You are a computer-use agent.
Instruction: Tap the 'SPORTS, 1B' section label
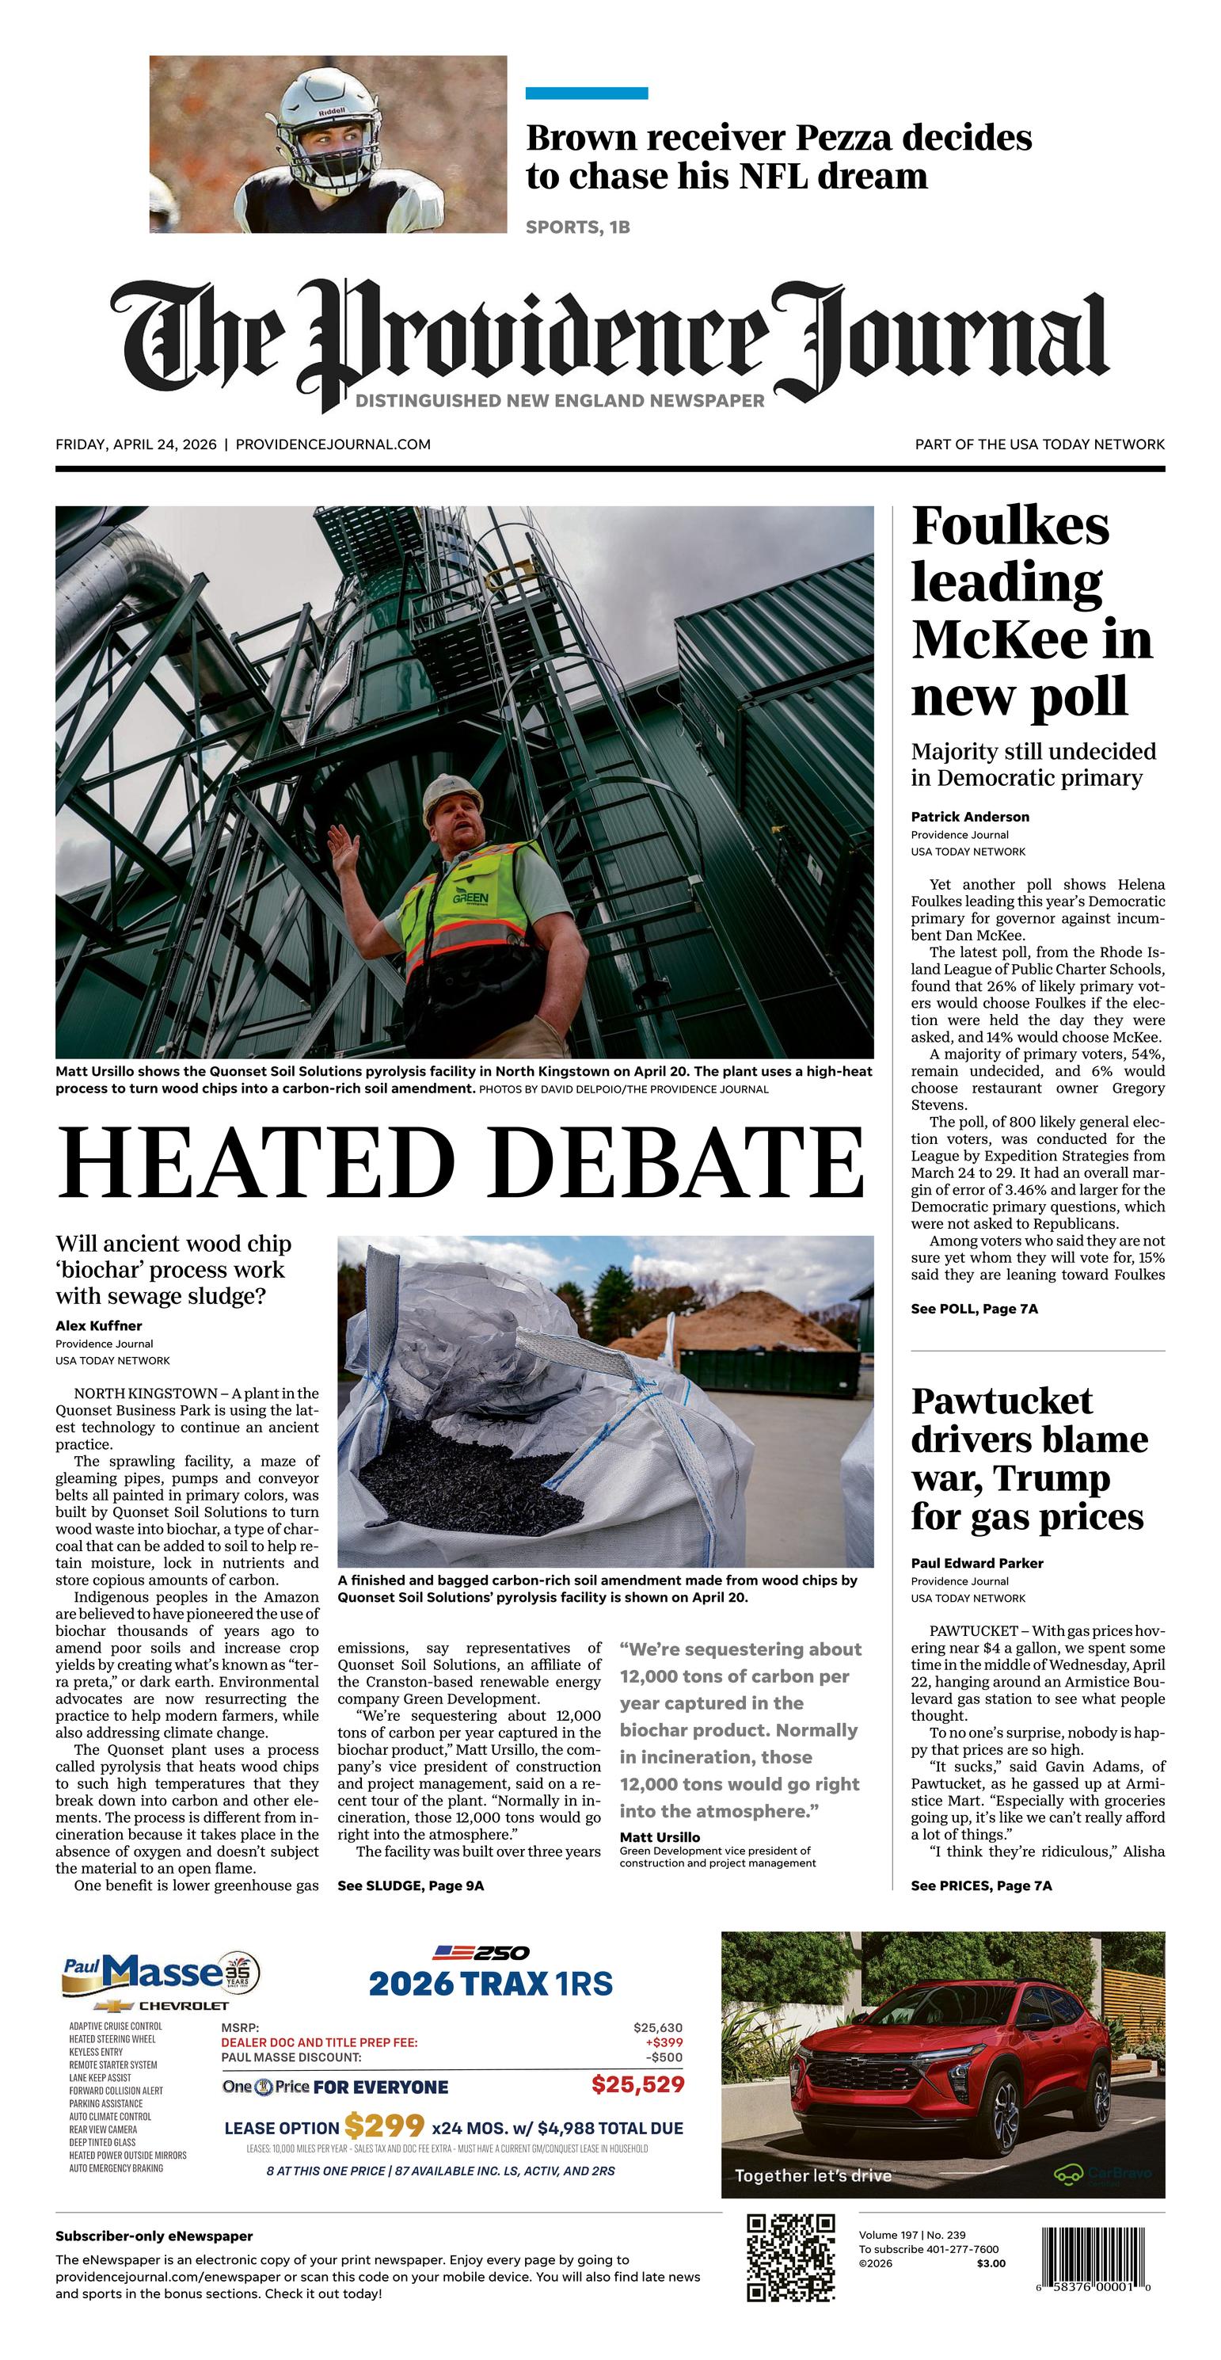pyautogui.click(x=577, y=227)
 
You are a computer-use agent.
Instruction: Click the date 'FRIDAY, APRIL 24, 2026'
pyautogui.click(x=135, y=444)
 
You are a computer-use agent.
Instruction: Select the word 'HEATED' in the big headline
pyautogui.click(x=257, y=1161)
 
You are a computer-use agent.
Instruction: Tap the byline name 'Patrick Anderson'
pyautogui.click(x=970, y=816)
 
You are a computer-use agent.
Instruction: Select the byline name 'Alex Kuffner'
pyautogui.click(x=98, y=1325)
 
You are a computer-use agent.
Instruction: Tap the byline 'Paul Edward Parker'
pyautogui.click(x=976, y=1563)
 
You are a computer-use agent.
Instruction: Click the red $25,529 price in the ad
pyautogui.click(x=637, y=2084)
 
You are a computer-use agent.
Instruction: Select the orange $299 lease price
pyautogui.click(x=384, y=2126)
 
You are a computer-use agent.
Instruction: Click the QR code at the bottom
pyautogui.click(x=790, y=2256)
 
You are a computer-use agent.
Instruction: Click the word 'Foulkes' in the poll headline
pyautogui.click(x=1010, y=527)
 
